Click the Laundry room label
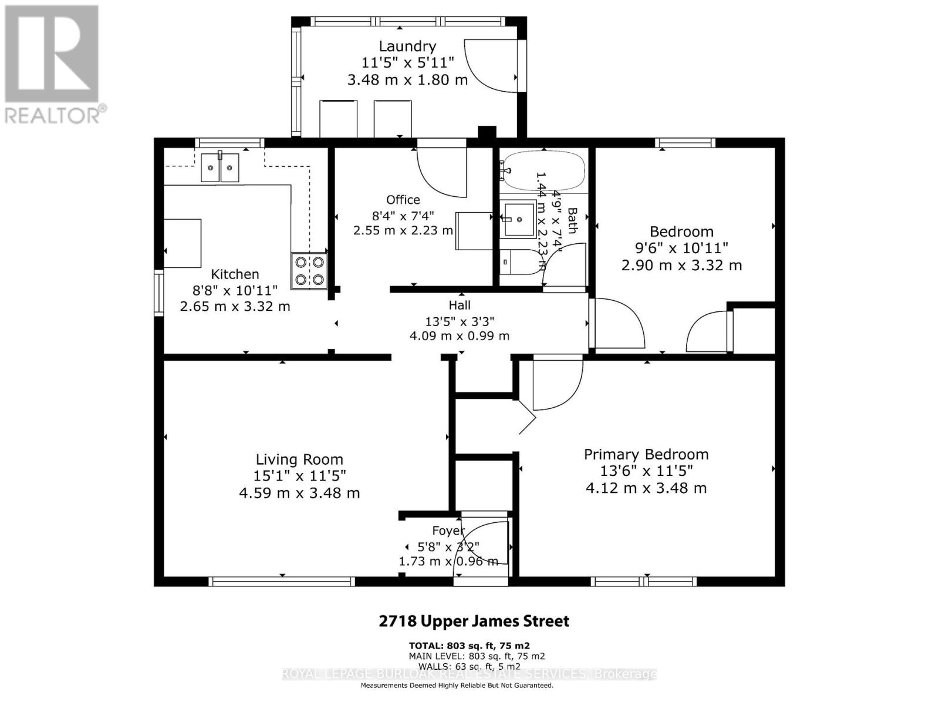[407, 46]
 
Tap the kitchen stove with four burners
[309, 271]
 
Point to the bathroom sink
[519, 219]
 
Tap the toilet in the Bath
[519, 262]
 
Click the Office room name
[403, 200]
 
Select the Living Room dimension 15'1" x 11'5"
[299, 475]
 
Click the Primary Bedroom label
[646, 454]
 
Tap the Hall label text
[460, 305]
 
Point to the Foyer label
[448, 531]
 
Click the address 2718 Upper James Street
[474, 621]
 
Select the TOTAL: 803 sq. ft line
[469, 645]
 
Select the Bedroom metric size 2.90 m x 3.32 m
[681, 265]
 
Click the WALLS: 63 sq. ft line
[464, 666]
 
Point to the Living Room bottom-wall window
[282, 582]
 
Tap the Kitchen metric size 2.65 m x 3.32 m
[235, 306]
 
